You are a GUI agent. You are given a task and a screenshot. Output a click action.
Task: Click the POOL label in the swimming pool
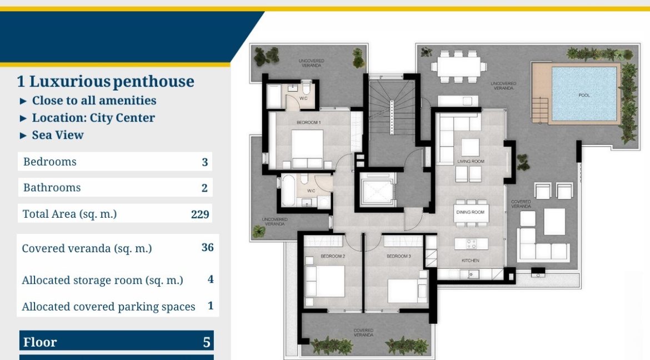click(584, 96)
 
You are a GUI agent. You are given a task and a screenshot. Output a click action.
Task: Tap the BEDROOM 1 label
click(308, 122)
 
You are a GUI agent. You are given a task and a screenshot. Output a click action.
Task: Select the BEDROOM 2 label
click(332, 256)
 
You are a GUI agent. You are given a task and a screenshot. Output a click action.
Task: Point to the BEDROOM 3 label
click(398, 256)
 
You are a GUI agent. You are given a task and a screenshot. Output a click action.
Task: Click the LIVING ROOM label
click(471, 161)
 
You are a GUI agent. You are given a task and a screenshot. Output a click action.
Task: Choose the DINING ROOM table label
click(470, 212)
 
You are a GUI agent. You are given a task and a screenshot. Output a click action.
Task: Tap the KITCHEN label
click(470, 261)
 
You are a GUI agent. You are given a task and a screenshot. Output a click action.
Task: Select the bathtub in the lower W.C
click(288, 191)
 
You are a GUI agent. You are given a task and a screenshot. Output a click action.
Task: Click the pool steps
click(540, 110)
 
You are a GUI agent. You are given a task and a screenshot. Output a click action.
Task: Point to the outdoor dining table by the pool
click(458, 66)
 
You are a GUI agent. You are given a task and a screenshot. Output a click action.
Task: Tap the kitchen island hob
click(471, 244)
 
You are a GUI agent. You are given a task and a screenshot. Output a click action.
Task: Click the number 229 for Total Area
click(200, 214)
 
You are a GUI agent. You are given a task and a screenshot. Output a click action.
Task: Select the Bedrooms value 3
click(205, 162)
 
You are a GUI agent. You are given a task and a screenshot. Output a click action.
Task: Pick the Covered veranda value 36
click(207, 247)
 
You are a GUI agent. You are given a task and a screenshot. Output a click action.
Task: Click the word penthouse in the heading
click(153, 82)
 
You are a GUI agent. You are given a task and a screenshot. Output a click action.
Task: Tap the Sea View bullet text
click(58, 135)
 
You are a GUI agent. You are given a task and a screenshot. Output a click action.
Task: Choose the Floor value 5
click(207, 342)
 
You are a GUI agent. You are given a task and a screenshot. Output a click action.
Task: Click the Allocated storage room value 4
click(211, 279)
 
